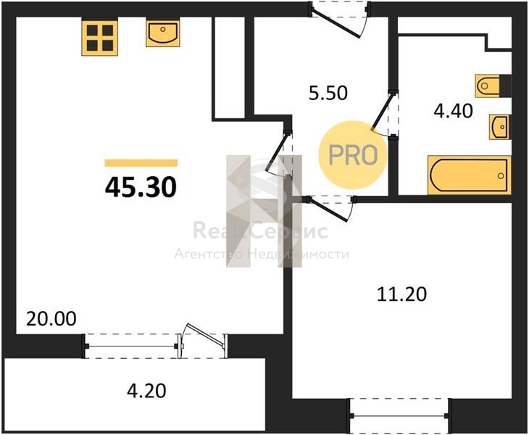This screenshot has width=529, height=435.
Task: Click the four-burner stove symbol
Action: point(100,38)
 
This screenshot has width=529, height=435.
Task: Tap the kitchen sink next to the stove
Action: point(162,33)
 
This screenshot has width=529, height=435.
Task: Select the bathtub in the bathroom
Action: point(469,175)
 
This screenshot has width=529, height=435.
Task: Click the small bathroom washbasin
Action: point(499,127)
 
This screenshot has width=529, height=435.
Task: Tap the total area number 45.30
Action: point(141,188)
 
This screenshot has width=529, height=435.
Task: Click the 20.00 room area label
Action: point(51,319)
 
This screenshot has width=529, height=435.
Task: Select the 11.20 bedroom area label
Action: point(401,294)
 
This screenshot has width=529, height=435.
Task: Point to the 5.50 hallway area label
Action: point(328,93)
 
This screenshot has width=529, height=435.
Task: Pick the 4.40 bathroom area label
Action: point(453,111)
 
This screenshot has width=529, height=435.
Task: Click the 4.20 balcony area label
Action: point(146,391)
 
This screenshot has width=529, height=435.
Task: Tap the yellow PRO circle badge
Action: point(353,155)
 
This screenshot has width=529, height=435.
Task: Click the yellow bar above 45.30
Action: point(141,163)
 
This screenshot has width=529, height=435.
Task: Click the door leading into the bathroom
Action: point(383,113)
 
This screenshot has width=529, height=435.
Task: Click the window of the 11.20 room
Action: point(399,415)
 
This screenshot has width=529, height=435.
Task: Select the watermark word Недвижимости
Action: point(299,254)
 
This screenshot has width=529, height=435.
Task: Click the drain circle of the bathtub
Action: point(501,176)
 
